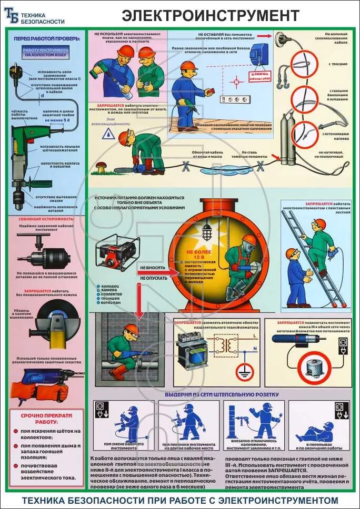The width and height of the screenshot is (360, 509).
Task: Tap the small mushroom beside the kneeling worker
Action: [x=100, y=168]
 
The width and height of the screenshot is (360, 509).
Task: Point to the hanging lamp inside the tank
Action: [x=207, y=230]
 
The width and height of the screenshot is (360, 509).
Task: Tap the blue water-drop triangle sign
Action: [x=109, y=134]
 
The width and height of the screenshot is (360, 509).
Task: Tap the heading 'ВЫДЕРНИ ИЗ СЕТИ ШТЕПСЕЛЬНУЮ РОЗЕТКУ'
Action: [x=222, y=394]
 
